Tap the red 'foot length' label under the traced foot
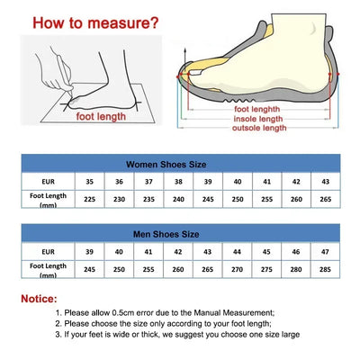coord(101,115)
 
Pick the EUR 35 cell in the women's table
coord(88,181)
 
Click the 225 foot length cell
coord(88,200)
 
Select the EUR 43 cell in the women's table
coord(326,181)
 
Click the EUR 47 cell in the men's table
coord(326,252)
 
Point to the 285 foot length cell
coord(326,268)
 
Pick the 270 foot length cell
coord(237,268)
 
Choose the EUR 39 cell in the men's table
coord(88,252)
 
